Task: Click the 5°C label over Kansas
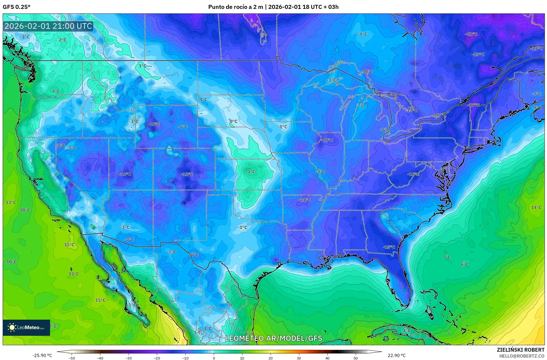tap(251, 172)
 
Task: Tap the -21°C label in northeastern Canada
tap(471, 34)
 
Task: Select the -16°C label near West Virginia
tap(413, 174)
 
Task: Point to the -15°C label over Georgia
tap(389, 247)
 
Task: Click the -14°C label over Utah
tap(125, 174)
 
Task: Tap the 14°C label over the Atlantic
tap(536, 207)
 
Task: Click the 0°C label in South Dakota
tap(233, 122)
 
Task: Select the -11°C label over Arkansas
tap(305, 200)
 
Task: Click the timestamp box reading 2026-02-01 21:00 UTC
tap(48, 26)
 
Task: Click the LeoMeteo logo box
tap(26, 327)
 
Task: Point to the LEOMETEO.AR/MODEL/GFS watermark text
tap(273, 338)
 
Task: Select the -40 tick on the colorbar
tap(100, 358)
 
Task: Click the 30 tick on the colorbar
tap(299, 358)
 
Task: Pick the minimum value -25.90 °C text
tap(42, 356)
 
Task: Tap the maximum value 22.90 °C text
tap(396, 356)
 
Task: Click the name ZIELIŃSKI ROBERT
tap(520, 350)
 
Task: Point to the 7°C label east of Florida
tap(447, 257)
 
